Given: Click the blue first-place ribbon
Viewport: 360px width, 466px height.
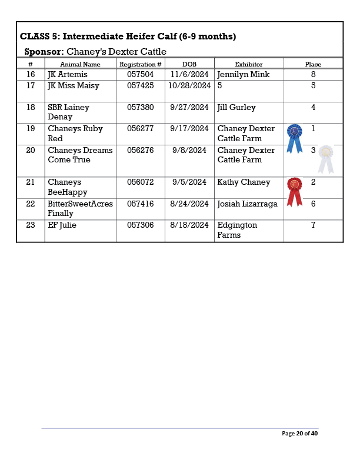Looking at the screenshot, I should coord(294,138).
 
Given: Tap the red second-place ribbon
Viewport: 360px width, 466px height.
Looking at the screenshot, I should coord(294,191).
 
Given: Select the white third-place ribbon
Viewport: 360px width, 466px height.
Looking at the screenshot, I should coord(326,158).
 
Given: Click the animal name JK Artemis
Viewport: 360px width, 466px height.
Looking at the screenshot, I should coord(67,75).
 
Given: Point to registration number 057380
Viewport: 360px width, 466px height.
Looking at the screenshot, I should coord(140,108).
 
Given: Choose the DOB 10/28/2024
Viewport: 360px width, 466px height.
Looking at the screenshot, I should coord(189,86).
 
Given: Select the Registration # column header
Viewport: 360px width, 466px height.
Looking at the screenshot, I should coord(140,64).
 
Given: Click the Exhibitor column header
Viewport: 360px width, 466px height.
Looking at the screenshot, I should coord(249,64).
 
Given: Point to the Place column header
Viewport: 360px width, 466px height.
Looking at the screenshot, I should coord(313,64).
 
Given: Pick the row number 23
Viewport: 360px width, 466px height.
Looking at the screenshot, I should coord(31,225).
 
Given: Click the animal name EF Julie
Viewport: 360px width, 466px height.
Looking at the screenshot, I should coord(62,225).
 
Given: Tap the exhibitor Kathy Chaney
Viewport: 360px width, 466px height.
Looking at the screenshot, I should coord(244,182).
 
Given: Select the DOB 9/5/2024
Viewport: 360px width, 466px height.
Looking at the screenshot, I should coord(189,182).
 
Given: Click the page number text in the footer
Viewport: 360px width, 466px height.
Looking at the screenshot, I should coord(300,434).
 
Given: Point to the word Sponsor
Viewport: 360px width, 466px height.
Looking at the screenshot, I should coord(44,52).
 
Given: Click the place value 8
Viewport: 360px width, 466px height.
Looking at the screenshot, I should coord(313,75).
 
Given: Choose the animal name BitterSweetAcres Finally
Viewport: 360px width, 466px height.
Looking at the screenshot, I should coord(80,208).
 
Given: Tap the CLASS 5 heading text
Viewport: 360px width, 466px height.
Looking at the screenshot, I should coord(128,36).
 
